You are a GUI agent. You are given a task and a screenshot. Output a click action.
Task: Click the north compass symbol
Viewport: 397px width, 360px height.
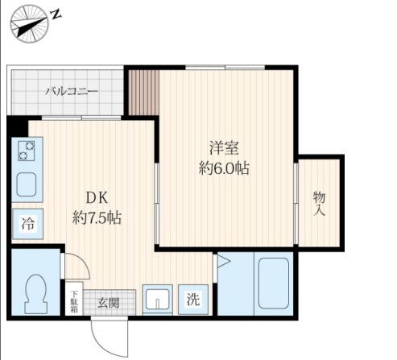tap(30, 23)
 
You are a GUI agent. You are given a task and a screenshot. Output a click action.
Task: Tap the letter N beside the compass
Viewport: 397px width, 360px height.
tap(56, 14)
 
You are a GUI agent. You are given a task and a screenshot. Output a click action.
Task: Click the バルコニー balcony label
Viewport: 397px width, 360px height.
tap(72, 92)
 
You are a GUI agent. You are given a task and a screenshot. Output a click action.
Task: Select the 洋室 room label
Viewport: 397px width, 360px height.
tap(224, 148)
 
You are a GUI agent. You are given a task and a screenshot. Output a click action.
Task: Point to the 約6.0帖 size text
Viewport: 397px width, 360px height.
tap(224, 168)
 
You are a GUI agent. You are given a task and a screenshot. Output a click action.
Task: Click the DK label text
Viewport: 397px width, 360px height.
tap(97, 198)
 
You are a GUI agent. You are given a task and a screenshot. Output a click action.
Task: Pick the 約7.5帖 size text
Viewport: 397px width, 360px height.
tap(97, 217)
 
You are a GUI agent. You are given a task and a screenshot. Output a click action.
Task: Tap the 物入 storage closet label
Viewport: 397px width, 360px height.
tap(319, 203)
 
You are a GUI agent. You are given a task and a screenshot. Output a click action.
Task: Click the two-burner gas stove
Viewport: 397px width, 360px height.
tap(27, 151)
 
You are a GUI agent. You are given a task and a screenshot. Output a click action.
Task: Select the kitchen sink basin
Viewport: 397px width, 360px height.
tap(27, 184)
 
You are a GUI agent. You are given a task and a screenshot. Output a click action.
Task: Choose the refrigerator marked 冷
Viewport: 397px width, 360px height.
tap(28, 224)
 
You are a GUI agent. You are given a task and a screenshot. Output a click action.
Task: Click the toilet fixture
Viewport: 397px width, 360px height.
tap(35, 294)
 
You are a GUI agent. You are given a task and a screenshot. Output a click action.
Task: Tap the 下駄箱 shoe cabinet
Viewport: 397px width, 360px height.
tap(74, 299)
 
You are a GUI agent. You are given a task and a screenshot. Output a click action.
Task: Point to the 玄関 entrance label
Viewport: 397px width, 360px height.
tap(108, 303)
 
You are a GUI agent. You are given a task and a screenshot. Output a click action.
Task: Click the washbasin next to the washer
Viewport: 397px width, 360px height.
tap(158, 299)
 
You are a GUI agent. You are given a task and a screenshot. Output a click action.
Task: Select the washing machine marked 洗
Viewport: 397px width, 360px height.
tap(193, 300)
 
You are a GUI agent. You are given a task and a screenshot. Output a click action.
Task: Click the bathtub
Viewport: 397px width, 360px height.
tap(274, 283)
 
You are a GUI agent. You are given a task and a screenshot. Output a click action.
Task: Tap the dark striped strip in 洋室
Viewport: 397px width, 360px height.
tap(144, 93)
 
